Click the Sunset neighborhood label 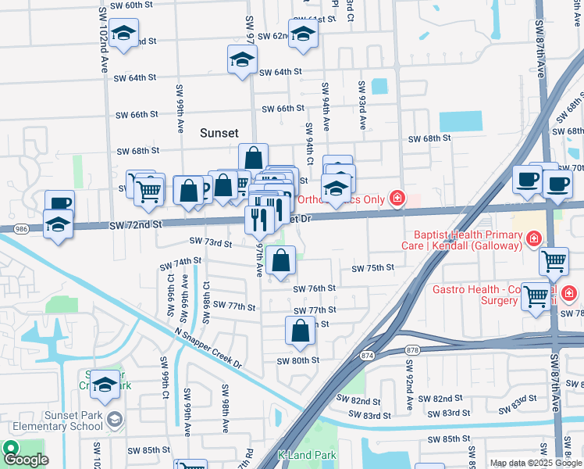tap(219, 133)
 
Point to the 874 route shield tap(367, 356)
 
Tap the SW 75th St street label tap(372, 268)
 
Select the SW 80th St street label tap(298, 360)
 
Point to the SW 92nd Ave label tap(408, 383)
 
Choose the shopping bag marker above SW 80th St tap(301, 331)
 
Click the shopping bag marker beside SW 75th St tap(280, 261)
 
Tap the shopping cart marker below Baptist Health tap(554, 262)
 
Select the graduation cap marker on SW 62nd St tap(302, 34)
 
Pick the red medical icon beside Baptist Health tap(534, 238)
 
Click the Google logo tap(26, 459)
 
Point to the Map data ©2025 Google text tap(536, 463)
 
